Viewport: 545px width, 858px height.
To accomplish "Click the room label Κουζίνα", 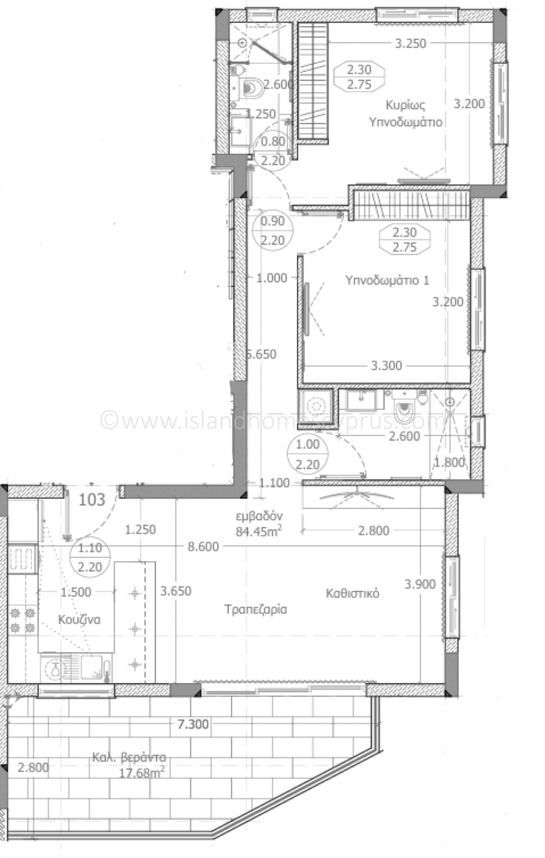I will [79, 619].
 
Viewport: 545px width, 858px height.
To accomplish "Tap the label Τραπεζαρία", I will [256, 609].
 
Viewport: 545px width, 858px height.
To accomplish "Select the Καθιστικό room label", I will [352, 593].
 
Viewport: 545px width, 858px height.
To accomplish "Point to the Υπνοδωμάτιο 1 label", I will [387, 280].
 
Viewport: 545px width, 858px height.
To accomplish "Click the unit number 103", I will [92, 499].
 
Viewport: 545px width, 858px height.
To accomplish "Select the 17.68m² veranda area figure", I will [140, 772].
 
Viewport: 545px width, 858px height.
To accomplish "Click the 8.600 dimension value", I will [203, 547].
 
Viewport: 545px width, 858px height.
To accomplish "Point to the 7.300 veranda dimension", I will [193, 723].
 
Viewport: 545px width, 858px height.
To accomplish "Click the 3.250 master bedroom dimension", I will [411, 43].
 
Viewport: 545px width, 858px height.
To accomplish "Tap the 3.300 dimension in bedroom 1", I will [386, 366].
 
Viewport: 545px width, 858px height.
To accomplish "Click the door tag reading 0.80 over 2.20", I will [272, 151].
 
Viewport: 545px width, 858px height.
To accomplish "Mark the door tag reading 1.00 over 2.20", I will [308, 454].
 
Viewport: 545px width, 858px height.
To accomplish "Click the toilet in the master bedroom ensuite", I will [254, 87].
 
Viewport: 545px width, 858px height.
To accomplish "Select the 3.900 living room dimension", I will [419, 584].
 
